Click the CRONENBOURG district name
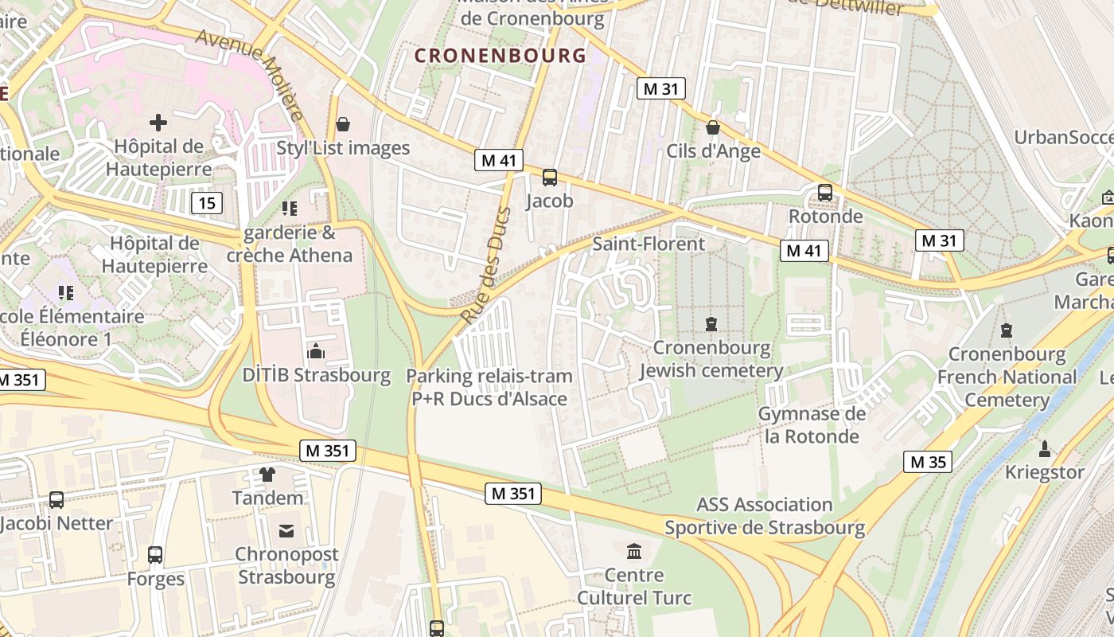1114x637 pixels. pyautogui.click(x=501, y=56)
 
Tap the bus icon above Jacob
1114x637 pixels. pyautogui.click(x=549, y=178)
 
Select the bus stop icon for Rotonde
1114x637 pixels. pyautogui.click(x=825, y=193)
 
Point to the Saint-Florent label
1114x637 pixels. pyautogui.click(x=649, y=244)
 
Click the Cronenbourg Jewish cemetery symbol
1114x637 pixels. pyautogui.click(x=711, y=324)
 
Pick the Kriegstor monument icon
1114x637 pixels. pyautogui.click(x=1045, y=448)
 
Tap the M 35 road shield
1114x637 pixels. pyautogui.click(x=928, y=462)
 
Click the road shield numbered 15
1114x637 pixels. pyautogui.click(x=207, y=203)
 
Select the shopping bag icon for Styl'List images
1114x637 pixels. pyautogui.click(x=343, y=124)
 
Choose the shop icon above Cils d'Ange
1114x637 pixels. pyautogui.click(x=713, y=127)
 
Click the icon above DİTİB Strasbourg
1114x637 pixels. pyautogui.click(x=316, y=351)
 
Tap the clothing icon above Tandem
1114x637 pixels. pyautogui.click(x=267, y=475)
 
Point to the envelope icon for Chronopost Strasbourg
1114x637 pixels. pyautogui.click(x=286, y=530)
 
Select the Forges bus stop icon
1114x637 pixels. pyautogui.click(x=155, y=555)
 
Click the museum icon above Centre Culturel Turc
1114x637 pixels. pyautogui.click(x=634, y=551)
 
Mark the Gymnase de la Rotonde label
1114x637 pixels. pyautogui.click(x=811, y=425)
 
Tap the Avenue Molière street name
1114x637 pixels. pyautogui.click(x=250, y=75)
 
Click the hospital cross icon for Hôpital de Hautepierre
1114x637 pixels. pyautogui.click(x=158, y=123)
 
